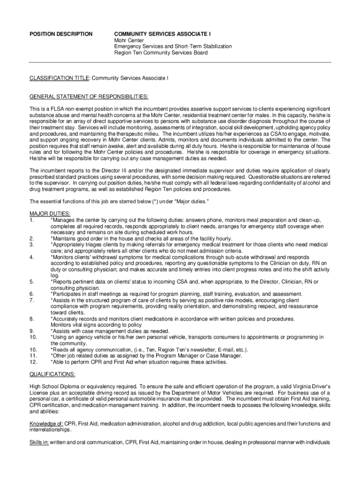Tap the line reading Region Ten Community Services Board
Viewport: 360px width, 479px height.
click(161, 53)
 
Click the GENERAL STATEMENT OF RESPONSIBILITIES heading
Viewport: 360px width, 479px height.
click(89, 96)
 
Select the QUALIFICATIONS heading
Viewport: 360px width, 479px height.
click(52, 374)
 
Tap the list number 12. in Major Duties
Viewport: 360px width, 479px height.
click(33, 362)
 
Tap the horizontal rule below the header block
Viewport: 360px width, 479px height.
click(180, 62)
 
